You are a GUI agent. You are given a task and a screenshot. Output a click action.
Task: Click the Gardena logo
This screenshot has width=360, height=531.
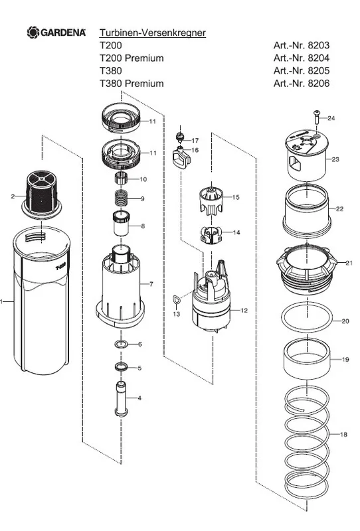tap(56, 33)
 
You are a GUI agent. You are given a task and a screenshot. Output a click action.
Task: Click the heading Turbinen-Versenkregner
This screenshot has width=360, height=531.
tap(153, 33)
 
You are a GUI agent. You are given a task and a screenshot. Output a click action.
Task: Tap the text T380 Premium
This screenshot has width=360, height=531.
tap(132, 84)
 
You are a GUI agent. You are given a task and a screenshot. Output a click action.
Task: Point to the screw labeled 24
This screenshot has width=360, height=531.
tap(317, 117)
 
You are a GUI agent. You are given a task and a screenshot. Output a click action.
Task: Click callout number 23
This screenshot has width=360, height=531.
tap(335, 159)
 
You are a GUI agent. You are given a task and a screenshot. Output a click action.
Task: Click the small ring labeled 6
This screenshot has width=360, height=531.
tap(122, 344)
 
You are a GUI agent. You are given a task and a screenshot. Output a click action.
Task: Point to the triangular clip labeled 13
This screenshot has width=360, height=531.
tap(176, 300)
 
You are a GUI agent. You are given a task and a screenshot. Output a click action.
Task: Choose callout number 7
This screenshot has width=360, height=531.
tap(151, 284)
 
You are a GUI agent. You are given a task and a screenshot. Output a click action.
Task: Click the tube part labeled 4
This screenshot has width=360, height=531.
tap(121, 399)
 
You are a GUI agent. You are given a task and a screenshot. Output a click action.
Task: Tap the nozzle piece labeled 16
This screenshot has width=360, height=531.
tap(181, 157)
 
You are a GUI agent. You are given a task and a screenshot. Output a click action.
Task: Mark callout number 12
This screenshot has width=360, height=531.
tap(244, 310)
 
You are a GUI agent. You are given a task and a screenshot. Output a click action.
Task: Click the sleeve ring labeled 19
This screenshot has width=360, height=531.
tap(306, 359)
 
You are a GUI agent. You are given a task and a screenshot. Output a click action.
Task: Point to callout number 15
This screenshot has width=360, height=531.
tap(236, 197)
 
